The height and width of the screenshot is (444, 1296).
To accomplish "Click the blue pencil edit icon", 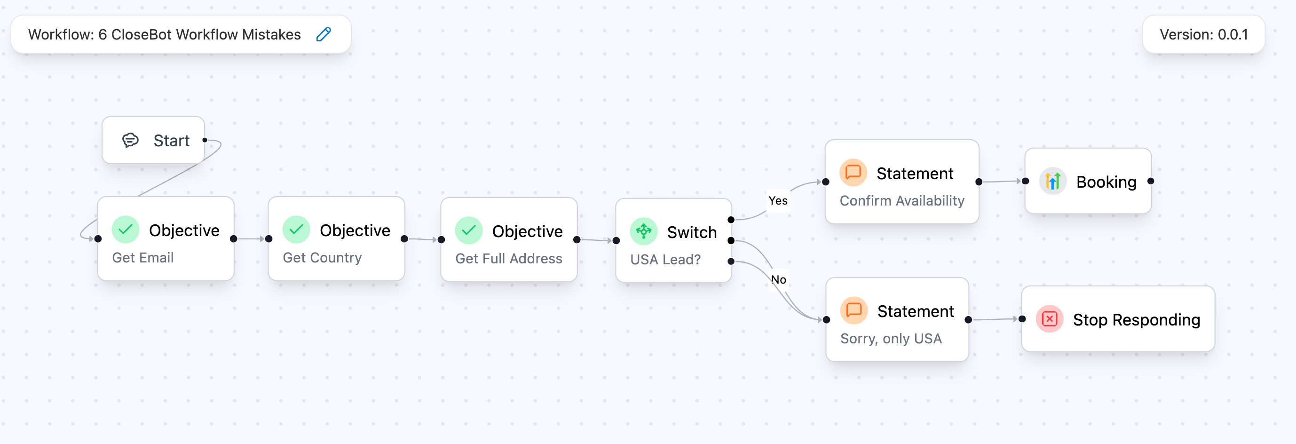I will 324,34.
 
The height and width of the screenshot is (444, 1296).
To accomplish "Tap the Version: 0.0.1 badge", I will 1203,34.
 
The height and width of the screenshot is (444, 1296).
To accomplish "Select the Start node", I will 153,141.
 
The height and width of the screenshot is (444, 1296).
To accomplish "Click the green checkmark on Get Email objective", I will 125,230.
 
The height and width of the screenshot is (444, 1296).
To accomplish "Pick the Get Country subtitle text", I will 322,258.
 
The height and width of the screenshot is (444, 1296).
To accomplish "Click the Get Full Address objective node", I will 509,239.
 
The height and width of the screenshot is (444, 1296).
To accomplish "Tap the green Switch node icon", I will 643,231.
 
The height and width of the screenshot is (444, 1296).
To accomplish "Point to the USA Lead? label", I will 665,260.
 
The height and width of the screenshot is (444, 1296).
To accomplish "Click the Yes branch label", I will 778,201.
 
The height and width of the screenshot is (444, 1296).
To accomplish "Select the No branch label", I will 778,280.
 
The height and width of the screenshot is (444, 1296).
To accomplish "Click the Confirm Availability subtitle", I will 901,201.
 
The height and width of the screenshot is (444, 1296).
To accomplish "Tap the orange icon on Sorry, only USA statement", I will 854,310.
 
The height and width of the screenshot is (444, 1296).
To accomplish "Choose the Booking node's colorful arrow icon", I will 1052,181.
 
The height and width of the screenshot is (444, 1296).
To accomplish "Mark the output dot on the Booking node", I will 1151,181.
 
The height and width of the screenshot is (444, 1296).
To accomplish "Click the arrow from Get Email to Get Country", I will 251,238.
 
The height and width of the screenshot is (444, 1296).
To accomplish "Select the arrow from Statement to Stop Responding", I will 995,319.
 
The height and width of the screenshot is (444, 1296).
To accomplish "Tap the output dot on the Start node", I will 205,140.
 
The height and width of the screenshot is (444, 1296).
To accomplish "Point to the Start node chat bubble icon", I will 130,141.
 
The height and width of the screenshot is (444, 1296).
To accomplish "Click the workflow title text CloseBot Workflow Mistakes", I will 206,34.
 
